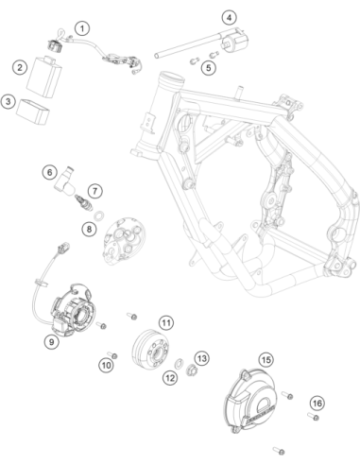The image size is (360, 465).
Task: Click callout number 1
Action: [82, 28]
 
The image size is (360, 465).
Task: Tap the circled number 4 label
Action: [229, 17]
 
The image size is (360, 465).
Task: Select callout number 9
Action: [52, 341]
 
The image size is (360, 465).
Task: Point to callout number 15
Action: [266, 359]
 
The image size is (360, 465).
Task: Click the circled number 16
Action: [317, 404]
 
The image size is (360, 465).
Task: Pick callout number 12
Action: [170, 378]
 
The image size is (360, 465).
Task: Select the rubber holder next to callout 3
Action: [33, 112]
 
